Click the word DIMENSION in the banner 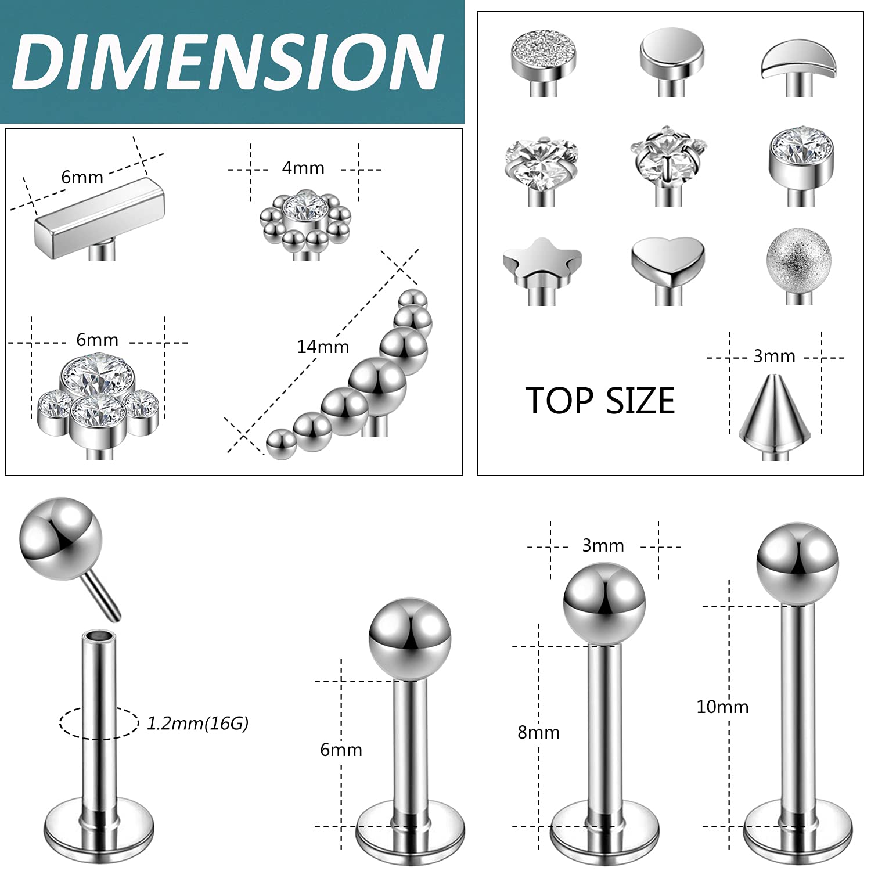coord(228,61)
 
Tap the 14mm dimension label coord(323,347)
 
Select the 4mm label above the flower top coord(303,168)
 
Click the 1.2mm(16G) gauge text coord(197,724)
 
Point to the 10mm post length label coord(722,707)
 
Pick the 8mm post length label coord(538,732)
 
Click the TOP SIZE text coord(600,401)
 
